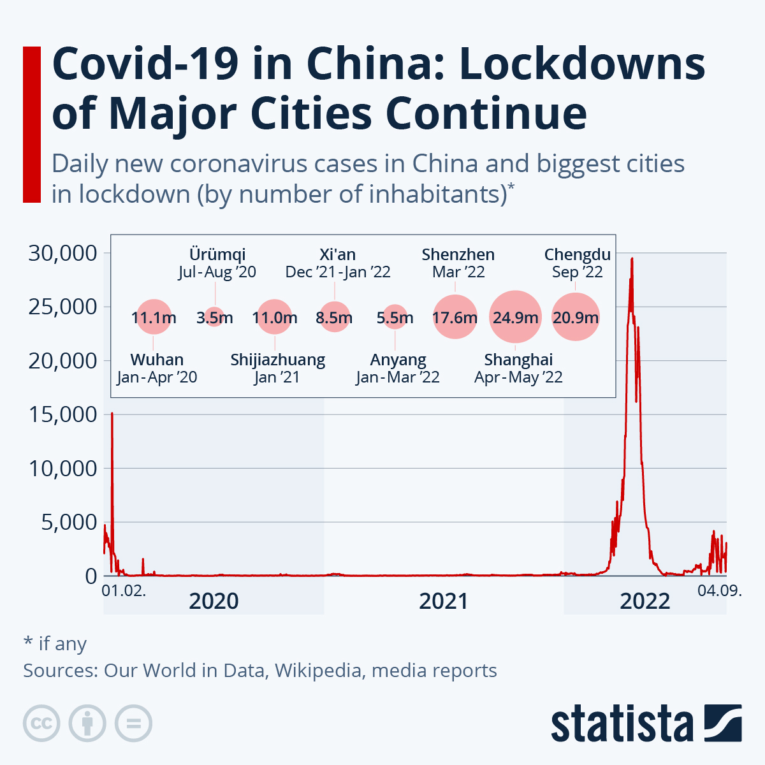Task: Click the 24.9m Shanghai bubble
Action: pos(515,317)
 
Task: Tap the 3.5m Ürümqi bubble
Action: pos(214,317)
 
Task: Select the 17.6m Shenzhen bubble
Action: pos(455,317)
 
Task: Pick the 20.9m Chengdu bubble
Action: pos(576,317)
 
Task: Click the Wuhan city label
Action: pos(157,360)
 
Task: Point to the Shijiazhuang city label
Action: pos(277,360)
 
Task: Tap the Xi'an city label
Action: pos(337,254)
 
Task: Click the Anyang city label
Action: pos(398,360)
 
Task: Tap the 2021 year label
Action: pos(443,601)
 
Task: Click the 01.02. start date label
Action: pos(124,590)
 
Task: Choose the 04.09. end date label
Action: pos(718,590)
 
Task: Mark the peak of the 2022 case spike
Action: pos(632,259)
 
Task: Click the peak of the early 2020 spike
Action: pos(112,414)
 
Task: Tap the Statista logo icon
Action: pos(722,723)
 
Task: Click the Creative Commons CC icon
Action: pos(41,724)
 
